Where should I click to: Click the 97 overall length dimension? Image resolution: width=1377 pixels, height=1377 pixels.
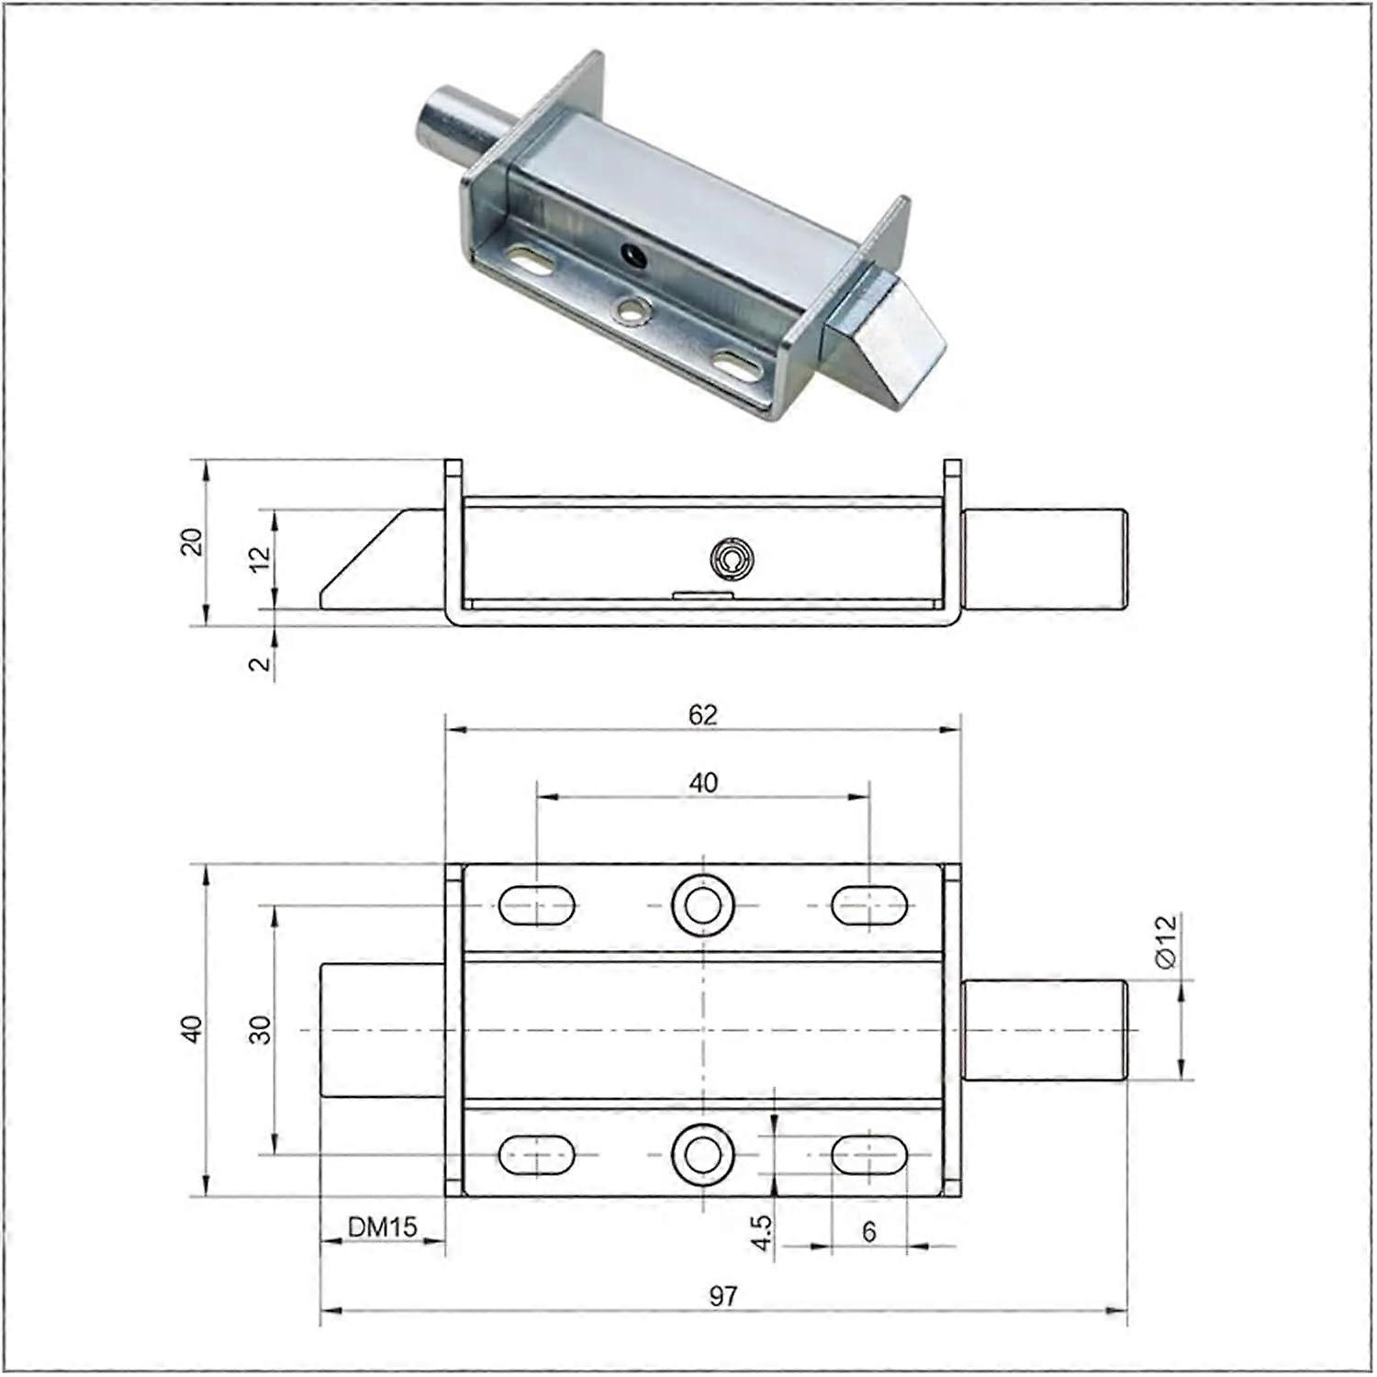722,1295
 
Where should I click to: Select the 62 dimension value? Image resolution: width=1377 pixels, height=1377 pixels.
702,714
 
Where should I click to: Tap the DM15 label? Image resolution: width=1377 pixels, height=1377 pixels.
382,1226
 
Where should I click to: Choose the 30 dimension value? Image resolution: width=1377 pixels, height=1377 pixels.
262,1029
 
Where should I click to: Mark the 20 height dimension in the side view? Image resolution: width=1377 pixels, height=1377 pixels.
192,542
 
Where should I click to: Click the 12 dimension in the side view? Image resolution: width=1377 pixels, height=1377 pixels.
262,557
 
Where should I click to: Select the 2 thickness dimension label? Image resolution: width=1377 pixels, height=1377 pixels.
262,663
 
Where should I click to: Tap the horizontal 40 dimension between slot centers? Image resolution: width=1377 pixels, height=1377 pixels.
703,783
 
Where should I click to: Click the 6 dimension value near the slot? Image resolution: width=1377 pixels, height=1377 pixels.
868,1231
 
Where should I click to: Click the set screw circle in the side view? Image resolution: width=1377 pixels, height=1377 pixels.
732,559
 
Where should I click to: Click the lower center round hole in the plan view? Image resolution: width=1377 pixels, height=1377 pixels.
703,1154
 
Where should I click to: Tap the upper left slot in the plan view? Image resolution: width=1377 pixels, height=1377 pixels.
537,905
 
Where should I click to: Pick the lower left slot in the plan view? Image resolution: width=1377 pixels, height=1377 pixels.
537,1154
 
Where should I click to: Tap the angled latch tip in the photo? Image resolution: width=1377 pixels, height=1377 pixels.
895,344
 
